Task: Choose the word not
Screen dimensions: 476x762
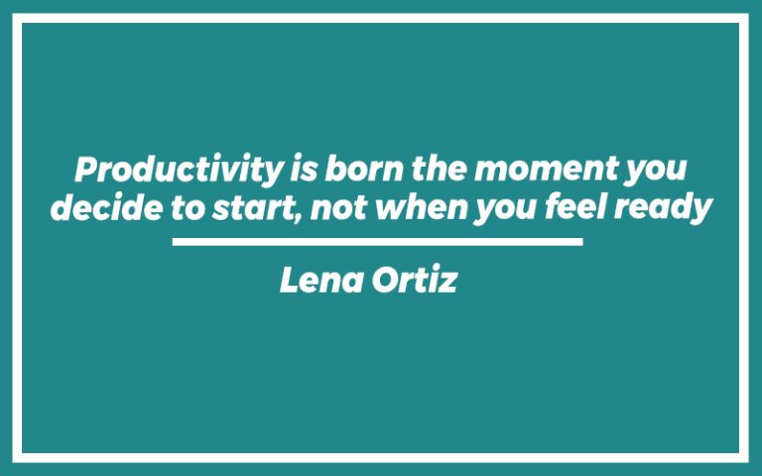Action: [x=329, y=208]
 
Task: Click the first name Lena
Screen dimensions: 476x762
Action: [x=317, y=281]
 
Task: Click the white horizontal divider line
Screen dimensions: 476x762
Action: [x=377, y=241]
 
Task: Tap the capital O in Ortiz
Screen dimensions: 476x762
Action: [x=383, y=281]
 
